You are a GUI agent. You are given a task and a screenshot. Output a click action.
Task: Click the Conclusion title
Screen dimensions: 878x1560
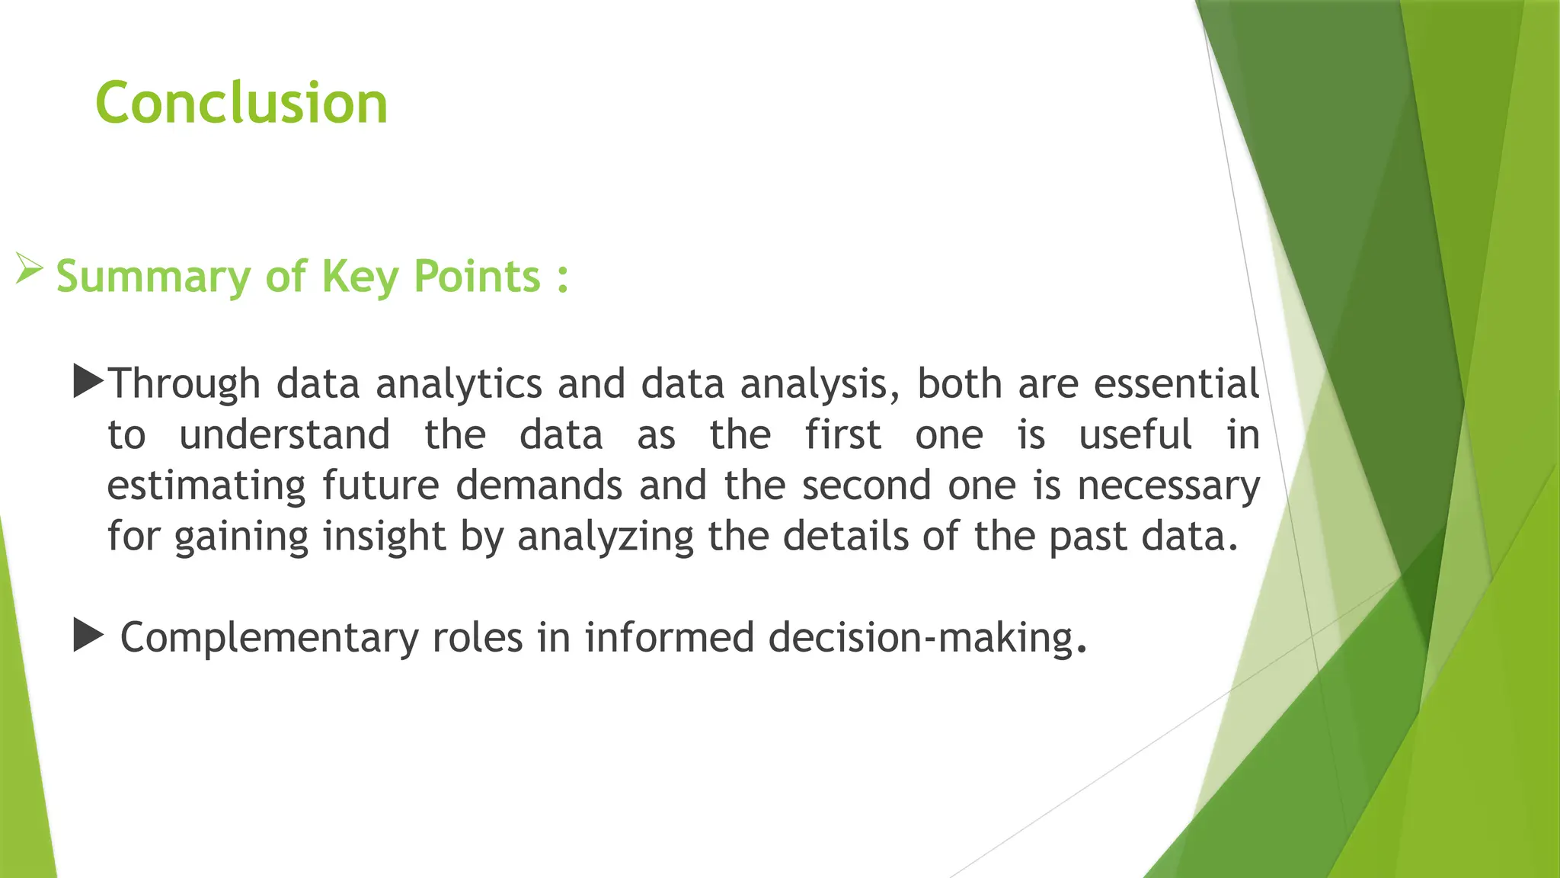tap(241, 103)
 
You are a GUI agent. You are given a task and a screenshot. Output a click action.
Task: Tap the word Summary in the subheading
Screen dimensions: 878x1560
tap(152, 277)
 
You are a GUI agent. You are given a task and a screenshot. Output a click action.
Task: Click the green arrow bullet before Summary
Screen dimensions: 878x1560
tap(29, 270)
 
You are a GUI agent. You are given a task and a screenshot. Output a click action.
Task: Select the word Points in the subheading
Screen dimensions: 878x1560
tap(477, 276)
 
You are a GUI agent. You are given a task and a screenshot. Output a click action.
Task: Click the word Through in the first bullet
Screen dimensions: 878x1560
tap(184, 383)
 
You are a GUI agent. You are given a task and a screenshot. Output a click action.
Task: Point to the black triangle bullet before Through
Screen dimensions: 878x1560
tap(88, 382)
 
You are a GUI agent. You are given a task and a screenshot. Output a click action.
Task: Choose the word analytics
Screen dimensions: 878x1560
tap(459, 383)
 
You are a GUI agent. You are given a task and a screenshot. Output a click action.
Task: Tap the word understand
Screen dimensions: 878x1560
tap(285, 435)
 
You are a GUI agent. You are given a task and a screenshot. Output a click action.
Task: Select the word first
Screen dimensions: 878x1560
tap(842, 435)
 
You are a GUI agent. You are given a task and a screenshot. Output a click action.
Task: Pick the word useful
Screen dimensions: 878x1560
tap(1135, 435)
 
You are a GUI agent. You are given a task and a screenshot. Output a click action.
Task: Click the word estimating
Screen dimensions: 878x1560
tap(206, 486)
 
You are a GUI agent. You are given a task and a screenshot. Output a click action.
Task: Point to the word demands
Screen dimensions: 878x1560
tap(539, 485)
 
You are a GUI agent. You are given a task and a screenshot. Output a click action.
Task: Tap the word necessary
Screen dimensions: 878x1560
tap(1168, 486)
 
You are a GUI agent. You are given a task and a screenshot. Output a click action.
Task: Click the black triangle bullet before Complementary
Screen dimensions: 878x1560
tap(88, 636)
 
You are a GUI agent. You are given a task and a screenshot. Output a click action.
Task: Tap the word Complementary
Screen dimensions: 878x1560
tap(269, 638)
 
